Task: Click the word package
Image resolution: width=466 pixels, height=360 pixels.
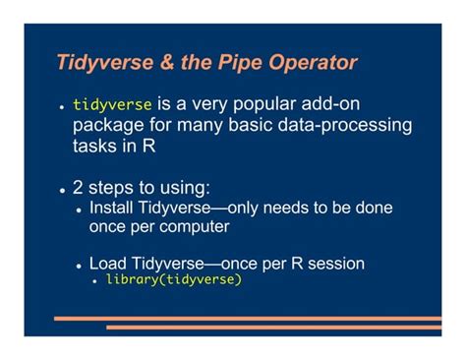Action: (107, 126)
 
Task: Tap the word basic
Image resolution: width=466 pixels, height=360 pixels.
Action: (240, 126)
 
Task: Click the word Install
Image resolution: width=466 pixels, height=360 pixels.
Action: (111, 209)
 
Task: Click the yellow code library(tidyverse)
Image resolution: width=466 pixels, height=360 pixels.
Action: (173, 279)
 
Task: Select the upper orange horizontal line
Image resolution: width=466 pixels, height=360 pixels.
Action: (246, 319)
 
